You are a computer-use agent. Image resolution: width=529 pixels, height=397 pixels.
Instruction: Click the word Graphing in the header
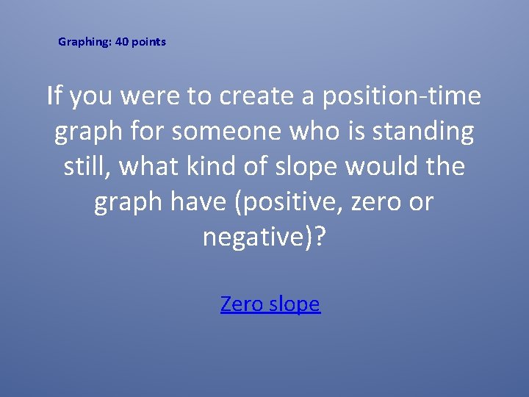[84, 42]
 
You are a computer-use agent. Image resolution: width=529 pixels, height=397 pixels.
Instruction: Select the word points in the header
[150, 42]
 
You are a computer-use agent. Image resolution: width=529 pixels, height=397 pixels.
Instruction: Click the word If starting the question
[53, 96]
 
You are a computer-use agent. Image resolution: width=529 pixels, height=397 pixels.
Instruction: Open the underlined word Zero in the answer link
[242, 304]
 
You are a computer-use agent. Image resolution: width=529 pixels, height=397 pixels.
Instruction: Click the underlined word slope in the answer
[295, 304]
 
